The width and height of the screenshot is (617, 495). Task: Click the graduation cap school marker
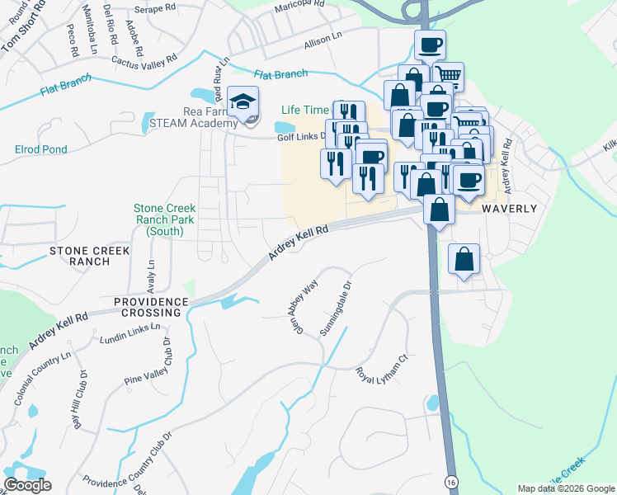(243, 103)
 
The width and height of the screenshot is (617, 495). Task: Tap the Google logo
(27, 485)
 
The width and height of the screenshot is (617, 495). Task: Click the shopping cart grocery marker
(448, 77)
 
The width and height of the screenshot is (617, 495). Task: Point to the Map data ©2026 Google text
(566, 488)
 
